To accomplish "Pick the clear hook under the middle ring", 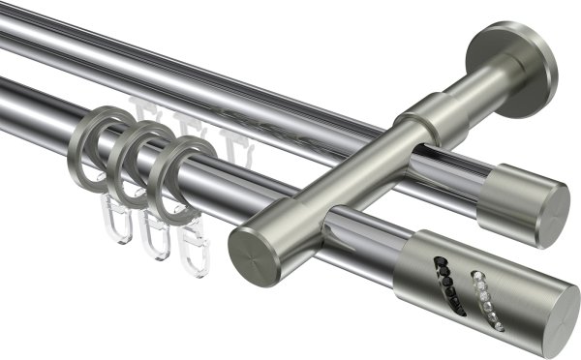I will point(155,237).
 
